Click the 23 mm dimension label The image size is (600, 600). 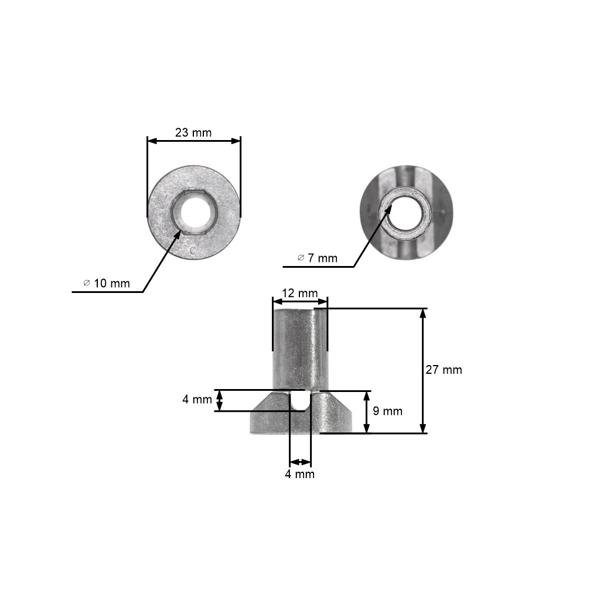[193, 131]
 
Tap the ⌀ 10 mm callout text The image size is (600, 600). [106, 284]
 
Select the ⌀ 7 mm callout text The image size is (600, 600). [317, 259]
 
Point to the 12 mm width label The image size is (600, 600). [299, 294]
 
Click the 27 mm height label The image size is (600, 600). [444, 370]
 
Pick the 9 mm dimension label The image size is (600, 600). [387, 411]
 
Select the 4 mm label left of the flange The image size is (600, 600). [197, 400]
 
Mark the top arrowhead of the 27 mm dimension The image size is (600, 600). [423, 313]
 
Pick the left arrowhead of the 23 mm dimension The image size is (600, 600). [151, 141]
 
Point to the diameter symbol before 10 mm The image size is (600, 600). [87, 284]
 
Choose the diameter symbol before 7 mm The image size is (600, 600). [301, 259]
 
